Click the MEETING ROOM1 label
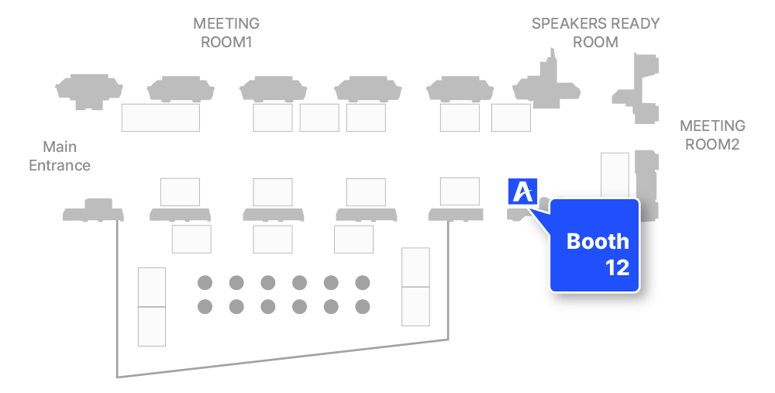pos(226,33)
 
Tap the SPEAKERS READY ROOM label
pos(595,33)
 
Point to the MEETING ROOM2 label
pos(711,135)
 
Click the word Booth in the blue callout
pos(598,241)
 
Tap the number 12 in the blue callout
pos(617,268)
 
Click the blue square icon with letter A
pos(523,191)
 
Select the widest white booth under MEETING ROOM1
pos(160,118)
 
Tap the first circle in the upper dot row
pos(205,283)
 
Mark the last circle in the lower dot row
pos(363,307)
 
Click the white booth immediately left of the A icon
pos(460,191)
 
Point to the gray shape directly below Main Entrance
pos(92,210)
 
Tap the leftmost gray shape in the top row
pos(89,89)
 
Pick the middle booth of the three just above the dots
pos(273,239)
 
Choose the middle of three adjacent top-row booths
pos(319,118)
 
